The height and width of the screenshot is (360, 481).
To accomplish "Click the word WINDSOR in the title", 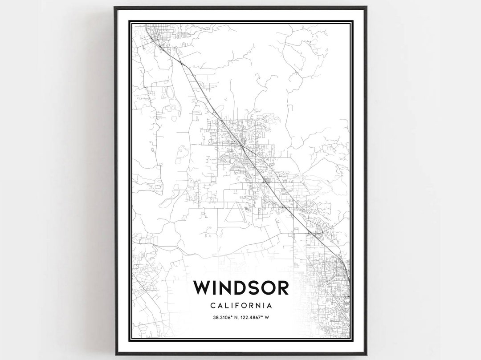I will point(240,287).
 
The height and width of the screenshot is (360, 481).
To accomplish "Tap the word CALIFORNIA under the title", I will point(240,306).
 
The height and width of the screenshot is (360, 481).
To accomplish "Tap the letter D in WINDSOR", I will point(234,287).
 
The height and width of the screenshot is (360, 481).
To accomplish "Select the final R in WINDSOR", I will point(282,287).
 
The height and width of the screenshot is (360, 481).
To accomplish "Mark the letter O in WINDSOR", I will point(265,287).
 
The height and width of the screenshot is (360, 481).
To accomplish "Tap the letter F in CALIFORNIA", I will point(236,306).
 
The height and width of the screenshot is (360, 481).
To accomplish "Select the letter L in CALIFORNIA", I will point(225,306).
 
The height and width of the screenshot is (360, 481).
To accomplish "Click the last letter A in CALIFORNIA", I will point(269,306).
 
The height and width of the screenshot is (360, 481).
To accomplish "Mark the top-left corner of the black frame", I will point(115,7).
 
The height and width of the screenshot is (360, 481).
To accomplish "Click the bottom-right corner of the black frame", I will point(367,354).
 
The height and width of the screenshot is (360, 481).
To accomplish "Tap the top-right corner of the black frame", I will point(367,7).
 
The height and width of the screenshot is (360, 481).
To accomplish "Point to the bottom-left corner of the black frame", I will point(115,354).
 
